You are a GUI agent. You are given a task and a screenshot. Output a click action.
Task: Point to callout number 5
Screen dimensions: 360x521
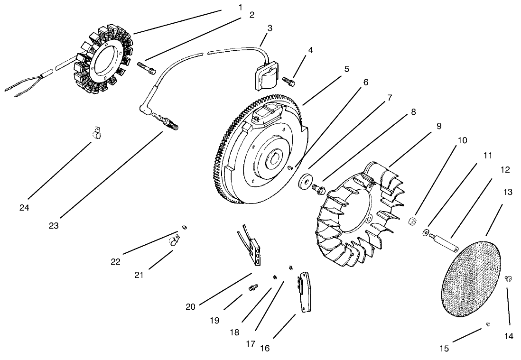coord(347,69)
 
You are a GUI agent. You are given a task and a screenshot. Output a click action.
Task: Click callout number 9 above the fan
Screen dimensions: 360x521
coord(439,126)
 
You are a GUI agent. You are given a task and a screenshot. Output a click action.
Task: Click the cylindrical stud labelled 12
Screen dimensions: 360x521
coord(444,240)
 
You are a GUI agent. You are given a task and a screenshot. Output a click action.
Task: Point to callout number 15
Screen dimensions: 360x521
coord(444,349)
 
